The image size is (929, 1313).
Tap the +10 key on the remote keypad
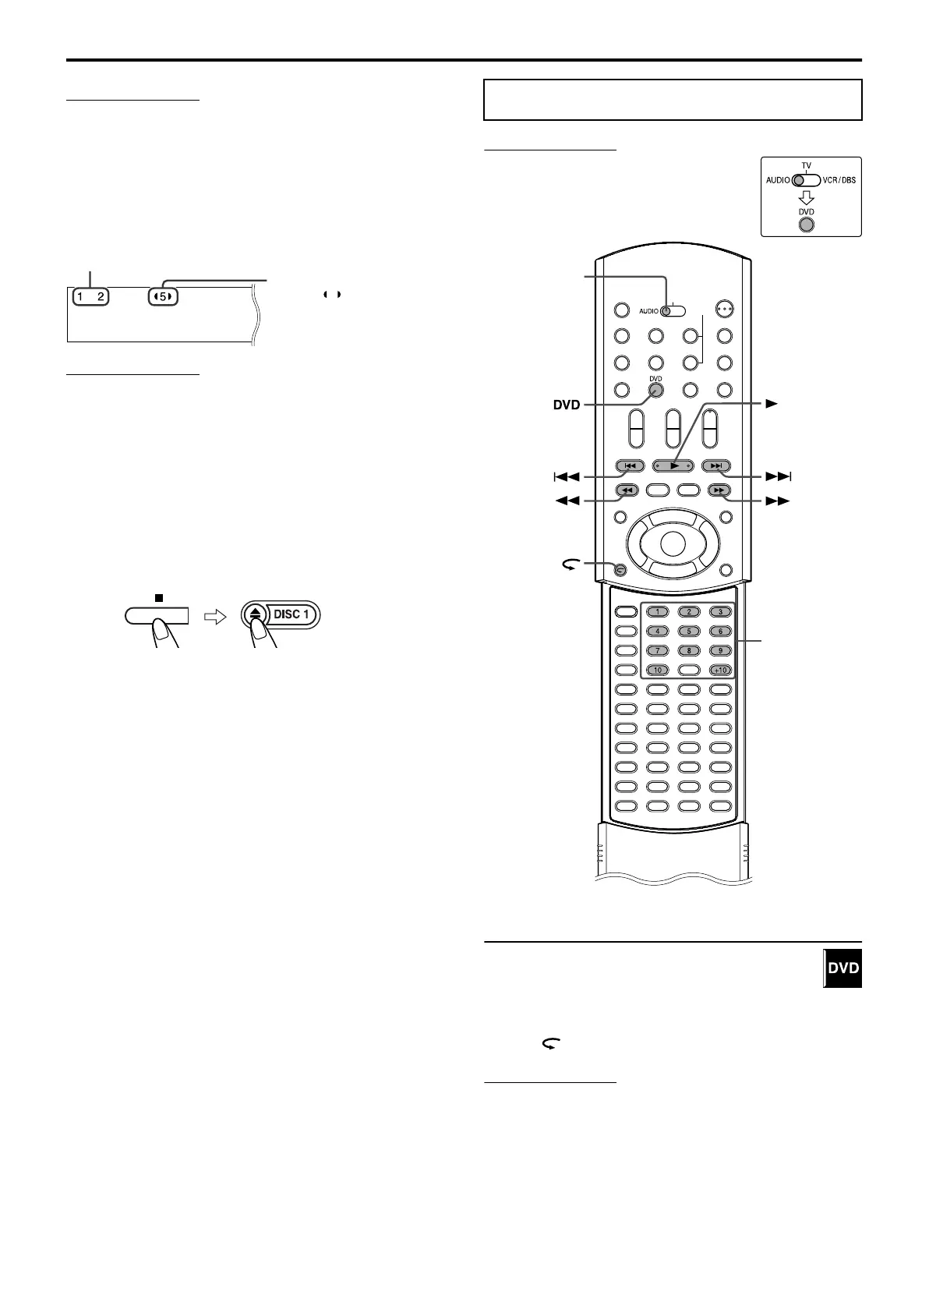tap(720, 670)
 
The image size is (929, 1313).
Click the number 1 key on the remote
tap(657, 612)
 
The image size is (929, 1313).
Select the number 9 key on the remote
tap(720, 650)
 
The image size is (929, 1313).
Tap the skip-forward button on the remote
tap(717, 466)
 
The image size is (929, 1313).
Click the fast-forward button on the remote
tap(719, 490)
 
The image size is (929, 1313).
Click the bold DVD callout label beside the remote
tap(565, 405)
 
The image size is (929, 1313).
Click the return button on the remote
tap(620, 569)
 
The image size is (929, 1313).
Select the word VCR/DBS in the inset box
tap(839, 180)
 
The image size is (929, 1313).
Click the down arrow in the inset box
tap(807, 197)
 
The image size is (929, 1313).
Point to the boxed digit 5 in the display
tap(164, 297)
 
